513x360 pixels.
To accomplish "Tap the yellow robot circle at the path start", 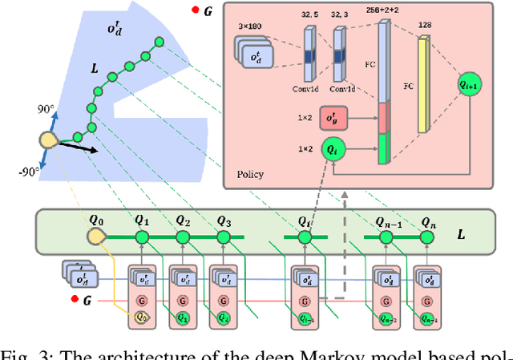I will pyautogui.click(x=47, y=141).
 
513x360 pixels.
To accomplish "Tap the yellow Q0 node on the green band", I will pyautogui.click(x=98, y=237).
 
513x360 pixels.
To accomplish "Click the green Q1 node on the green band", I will pyautogui.click(x=141, y=237).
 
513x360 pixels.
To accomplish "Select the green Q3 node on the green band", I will pyautogui.click(x=224, y=237).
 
